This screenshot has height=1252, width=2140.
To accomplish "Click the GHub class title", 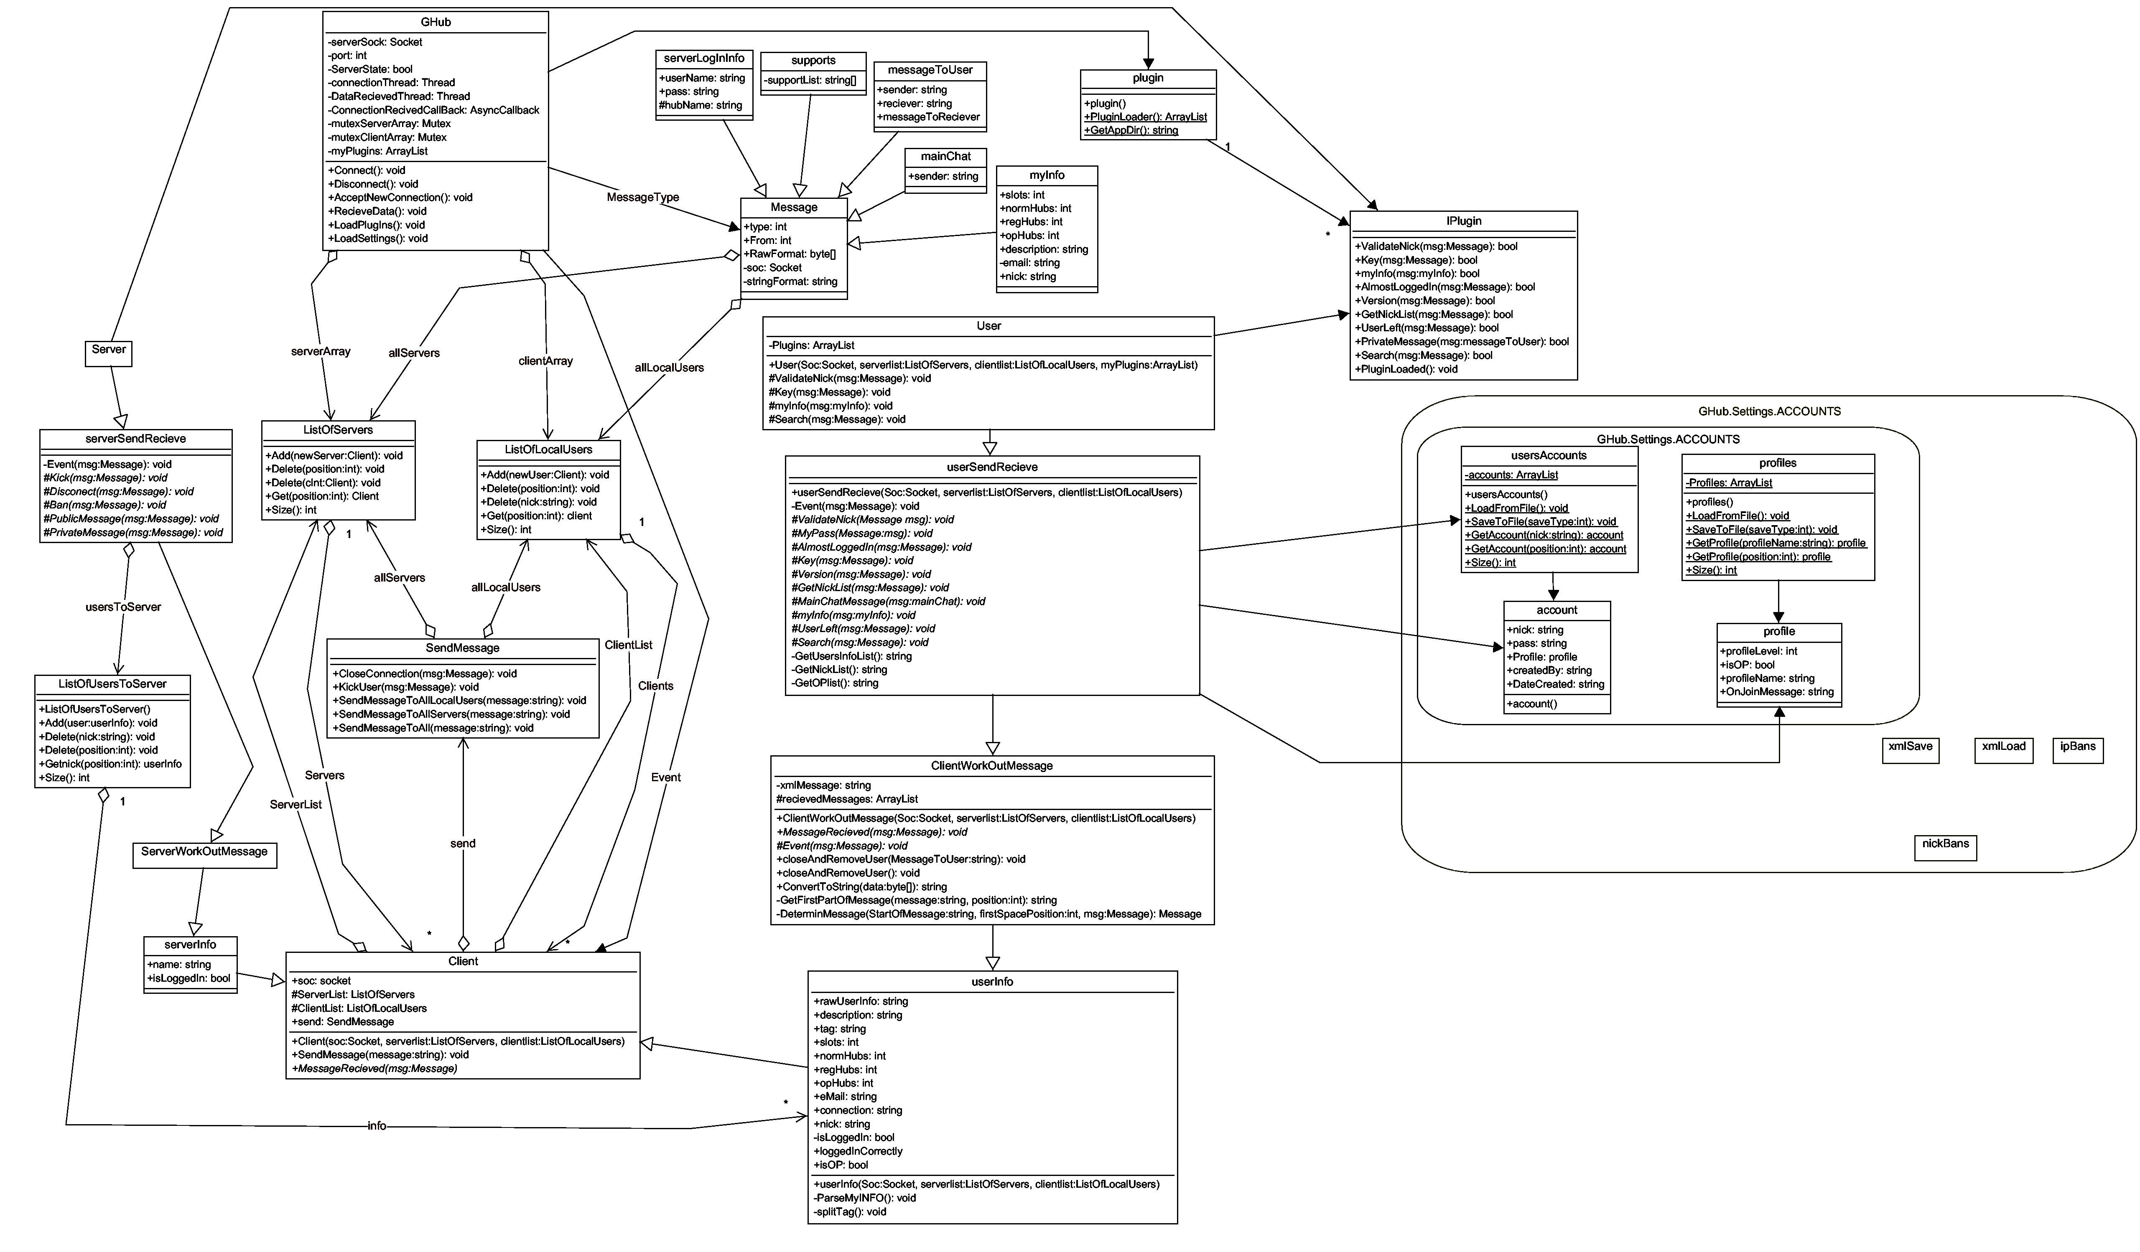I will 436,22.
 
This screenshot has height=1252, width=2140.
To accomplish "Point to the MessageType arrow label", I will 643,197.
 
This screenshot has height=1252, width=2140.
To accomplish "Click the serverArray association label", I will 320,351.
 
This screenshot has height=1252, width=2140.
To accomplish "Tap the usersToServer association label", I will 123,607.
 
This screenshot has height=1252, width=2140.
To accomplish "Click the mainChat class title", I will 945,157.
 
